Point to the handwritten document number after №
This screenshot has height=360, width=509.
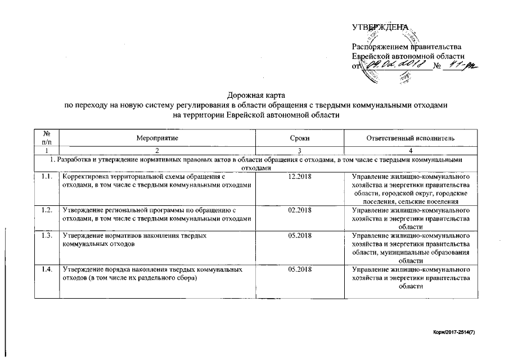(460, 66)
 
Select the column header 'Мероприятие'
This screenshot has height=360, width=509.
(156, 138)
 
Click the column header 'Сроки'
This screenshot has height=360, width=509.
(300, 138)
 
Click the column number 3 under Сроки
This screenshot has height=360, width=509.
(300, 151)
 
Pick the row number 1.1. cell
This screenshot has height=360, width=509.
(47, 178)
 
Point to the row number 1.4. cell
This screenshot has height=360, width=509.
(47, 270)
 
